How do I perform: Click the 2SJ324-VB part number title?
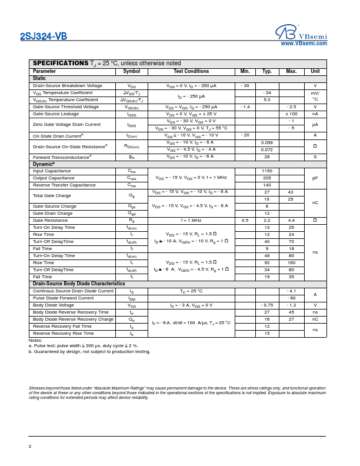tap(44, 36)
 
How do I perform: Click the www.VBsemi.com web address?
tap(304, 44)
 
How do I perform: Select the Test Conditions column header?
tap(191, 71)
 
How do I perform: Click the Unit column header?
tap(315, 71)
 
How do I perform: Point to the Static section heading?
tap(39, 78)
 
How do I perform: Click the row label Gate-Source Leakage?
tap(56, 114)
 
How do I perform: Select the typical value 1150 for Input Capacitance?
tap(267, 171)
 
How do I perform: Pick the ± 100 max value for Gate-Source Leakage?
tap(291, 114)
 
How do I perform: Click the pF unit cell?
tap(315, 178)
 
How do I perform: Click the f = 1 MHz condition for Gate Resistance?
tap(191, 221)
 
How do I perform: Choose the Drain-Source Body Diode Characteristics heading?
tap(79, 284)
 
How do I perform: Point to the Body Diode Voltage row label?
tap(54, 305)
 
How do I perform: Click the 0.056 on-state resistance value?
tap(267, 143)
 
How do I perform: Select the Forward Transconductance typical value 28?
tap(267, 157)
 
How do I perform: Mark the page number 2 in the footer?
tap(30, 447)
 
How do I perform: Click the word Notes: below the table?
tap(35, 341)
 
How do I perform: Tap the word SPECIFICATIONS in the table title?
tap(61, 63)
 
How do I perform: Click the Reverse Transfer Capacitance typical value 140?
tap(267, 185)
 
